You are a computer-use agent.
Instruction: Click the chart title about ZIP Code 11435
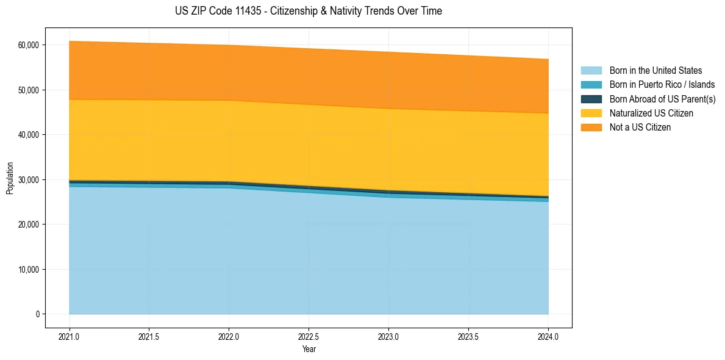pyautogui.click(x=308, y=11)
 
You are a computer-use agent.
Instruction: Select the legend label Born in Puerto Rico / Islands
pyautogui.click(x=662, y=85)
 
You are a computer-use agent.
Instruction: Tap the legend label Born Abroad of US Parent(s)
pyautogui.click(x=662, y=99)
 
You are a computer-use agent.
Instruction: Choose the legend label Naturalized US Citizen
pyautogui.click(x=651, y=113)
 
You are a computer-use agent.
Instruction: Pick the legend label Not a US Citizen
pyautogui.click(x=640, y=128)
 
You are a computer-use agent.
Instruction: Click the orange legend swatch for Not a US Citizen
pyautogui.click(x=591, y=128)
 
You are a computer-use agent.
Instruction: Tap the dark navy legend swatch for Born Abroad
pyautogui.click(x=591, y=99)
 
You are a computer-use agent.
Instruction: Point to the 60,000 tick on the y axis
pyautogui.click(x=28, y=45)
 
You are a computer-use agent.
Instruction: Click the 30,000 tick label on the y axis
pyautogui.click(x=28, y=180)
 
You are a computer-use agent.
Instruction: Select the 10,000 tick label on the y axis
pyautogui.click(x=28, y=270)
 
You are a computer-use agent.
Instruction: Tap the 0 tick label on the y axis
pyautogui.click(x=37, y=314)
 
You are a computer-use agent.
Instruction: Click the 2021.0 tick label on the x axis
pyautogui.click(x=70, y=336)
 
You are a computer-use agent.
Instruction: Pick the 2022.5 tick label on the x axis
pyautogui.click(x=309, y=336)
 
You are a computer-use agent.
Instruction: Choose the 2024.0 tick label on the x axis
pyautogui.click(x=548, y=336)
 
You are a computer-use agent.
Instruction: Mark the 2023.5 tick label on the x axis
pyautogui.click(x=468, y=336)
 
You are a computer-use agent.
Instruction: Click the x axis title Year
pyautogui.click(x=309, y=350)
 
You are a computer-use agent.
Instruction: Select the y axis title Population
pyautogui.click(x=10, y=178)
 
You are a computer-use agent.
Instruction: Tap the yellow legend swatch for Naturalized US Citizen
pyautogui.click(x=591, y=113)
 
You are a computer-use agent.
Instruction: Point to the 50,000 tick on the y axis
pyautogui.click(x=28, y=90)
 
